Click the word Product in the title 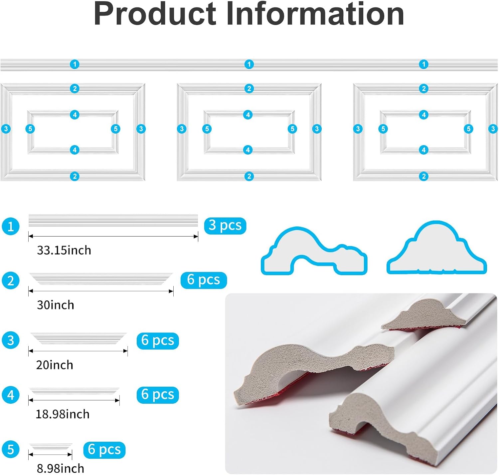pyautogui.click(x=155, y=14)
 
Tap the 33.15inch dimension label pyautogui.click(x=64, y=250)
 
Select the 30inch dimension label pyautogui.click(x=56, y=305)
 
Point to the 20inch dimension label pyautogui.click(x=55, y=365)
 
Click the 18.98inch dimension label pyautogui.click(x=63, y=414)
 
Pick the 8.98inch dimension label pyautogui.click(x=61, y=468)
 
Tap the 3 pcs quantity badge pyautogui.click(x=225, y=226)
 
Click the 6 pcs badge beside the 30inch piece pyautogui.click(x=204, y=280)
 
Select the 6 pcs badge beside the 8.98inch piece pyautogui.click(x=104, y=450)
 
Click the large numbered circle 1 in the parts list pyautogui.click(x=11, y=226)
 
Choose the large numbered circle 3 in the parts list pyautogui.click(x=11, y=340)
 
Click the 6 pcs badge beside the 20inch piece pyautogui.click(x=158, y=340)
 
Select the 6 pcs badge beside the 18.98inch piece pyautogui.click(x=158, y=395)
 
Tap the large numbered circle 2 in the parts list pyautogui.click(x=11, y=280)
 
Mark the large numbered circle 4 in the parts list pyautogui.click(x=11, y=395)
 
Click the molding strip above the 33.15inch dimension pyautogui.click(x=113, y=220)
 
